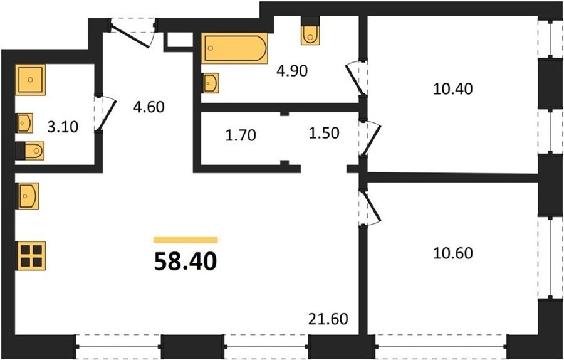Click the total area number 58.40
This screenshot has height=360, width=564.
(185, 262)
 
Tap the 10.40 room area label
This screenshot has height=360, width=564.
(452, 88)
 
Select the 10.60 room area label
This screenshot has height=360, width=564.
(453, 253)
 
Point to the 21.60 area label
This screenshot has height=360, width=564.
(328, 319)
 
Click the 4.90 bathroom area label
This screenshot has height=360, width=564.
(291, 71)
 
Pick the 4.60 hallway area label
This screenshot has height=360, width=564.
(149, 107)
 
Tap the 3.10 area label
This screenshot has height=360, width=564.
(63, 127)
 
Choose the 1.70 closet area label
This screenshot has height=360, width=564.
(241, 135)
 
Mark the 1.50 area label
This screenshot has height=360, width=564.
(324, 133)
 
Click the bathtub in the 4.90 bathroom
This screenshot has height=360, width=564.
(234, 48)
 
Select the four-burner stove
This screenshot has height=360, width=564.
(31, 256)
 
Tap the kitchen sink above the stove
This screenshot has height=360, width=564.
(27, 196)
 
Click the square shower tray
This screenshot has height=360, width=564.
(31, 80)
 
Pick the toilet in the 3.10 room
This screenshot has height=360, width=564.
(30, 151)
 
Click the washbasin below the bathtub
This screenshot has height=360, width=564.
(210, 83)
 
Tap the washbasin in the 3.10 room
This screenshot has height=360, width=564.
(24, 123)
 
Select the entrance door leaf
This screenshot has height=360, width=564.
(130, 35)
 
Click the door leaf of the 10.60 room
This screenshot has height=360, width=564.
(372, 206)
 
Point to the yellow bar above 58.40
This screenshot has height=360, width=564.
(185, 240)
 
